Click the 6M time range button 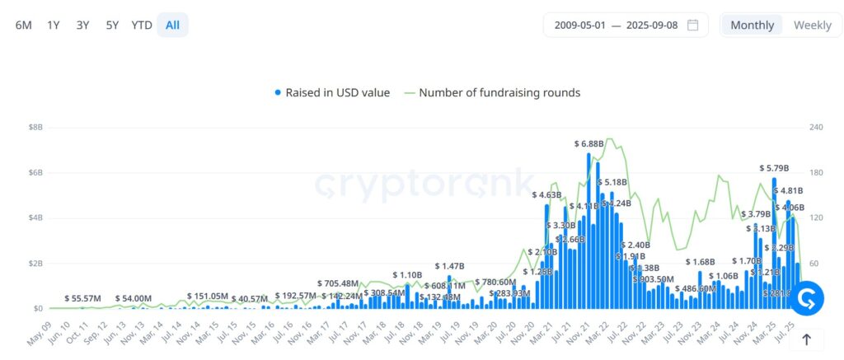point(24,25)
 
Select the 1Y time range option point(54,25)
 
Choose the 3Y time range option point(82,25)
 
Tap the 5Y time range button point(112,25)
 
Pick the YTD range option point(142,25)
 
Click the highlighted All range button point(172,25)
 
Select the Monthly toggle point(752,25)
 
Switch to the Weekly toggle point(812,25)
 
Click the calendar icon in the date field point(693,25)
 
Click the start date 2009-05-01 point(580,25)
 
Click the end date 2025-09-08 point(652,25)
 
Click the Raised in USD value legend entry point(332,93)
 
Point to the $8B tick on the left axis point(36,128)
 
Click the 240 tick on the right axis point(816,128)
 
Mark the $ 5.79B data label point(774,168)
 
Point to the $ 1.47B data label point(450,267)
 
